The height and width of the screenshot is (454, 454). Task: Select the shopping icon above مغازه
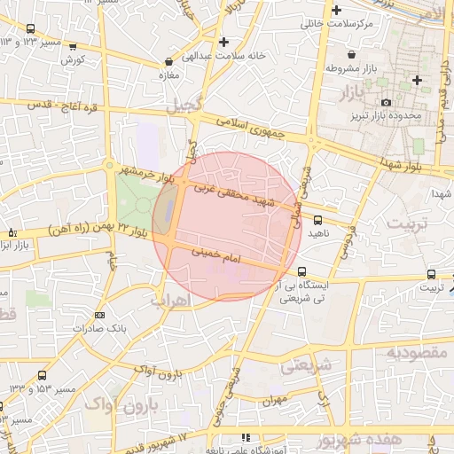(168, 63)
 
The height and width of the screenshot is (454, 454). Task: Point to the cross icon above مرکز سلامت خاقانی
(336, 11)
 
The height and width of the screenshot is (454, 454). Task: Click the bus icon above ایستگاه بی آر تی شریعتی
(303, 272)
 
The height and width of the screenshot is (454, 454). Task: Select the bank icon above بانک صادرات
(99, 314)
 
